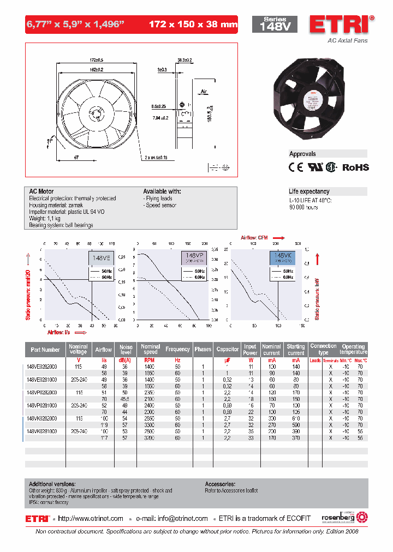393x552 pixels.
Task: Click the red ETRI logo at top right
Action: (342, 25)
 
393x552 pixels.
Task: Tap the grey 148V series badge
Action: (274, 25)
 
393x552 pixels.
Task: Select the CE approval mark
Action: (295, 167)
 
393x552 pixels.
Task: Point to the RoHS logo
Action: (355, 167)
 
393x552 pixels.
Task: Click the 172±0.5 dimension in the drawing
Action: (97, 59)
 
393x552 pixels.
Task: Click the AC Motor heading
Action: (41, 192)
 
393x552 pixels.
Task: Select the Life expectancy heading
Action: (309, 191)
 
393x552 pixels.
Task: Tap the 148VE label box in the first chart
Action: (100, 259)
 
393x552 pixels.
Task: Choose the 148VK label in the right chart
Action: (283, 255)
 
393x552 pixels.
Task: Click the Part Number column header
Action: (45, 350)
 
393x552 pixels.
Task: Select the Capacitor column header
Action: (228, 349)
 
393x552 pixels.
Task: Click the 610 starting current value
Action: (296, 418)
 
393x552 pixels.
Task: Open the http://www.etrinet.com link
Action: (91, 519)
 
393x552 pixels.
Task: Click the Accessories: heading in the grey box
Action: (220, 484)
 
